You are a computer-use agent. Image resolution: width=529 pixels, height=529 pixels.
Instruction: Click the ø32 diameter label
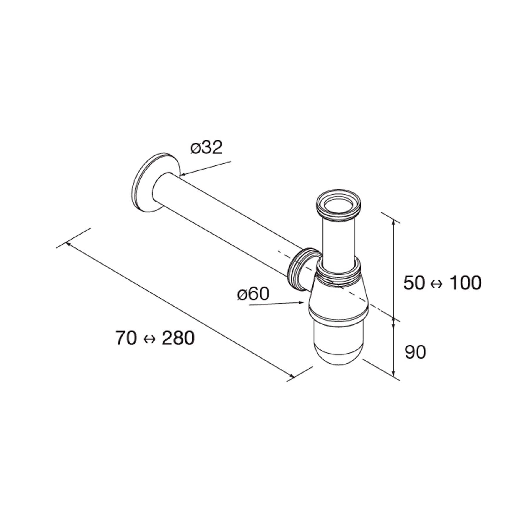tap(207, 148)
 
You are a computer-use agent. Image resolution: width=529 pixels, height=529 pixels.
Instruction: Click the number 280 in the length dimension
tap(178, 338)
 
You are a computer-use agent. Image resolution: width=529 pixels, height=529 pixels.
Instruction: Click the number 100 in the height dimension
tap(466, 283)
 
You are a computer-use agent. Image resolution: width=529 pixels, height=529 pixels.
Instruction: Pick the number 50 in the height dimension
tap(414, 283)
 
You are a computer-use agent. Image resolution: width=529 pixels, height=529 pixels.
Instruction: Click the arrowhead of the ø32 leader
tap(182, 175)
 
